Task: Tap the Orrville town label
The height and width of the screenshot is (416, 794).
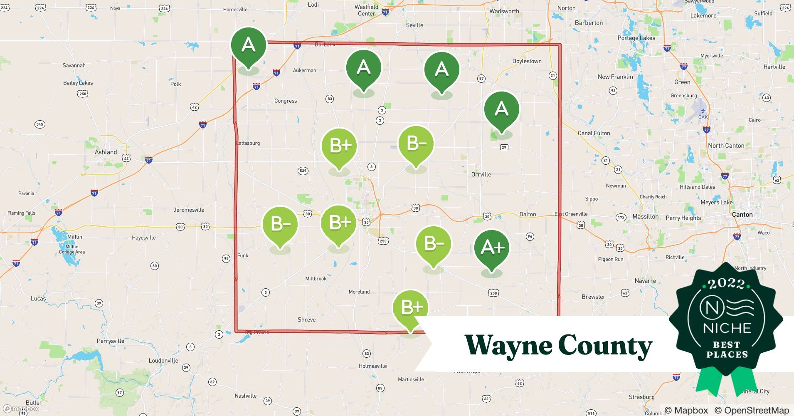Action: point(481,174)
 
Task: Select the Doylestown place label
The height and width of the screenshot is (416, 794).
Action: point(527,61)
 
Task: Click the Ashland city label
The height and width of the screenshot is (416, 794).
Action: point(106,152)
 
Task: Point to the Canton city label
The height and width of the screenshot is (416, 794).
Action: point(742,215)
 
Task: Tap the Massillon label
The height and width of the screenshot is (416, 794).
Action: point(645,217)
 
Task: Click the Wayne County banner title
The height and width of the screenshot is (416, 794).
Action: point(558,345)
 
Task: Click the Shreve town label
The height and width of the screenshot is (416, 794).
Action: point(306,319)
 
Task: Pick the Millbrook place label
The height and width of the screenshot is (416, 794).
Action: point(316,279)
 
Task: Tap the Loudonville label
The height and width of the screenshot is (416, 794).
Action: point(163,361)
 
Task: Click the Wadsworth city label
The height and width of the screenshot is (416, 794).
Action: point(504,11)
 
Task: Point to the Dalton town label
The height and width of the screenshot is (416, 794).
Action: point(528,214)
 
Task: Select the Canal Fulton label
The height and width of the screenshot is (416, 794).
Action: point(594,133)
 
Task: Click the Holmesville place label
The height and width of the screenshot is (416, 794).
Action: point(372,366)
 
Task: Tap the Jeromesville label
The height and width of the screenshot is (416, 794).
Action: point(189,210)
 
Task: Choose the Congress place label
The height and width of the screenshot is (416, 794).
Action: point(286,101)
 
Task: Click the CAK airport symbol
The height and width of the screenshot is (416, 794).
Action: point(703,111)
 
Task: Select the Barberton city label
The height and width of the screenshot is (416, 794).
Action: point(589,23)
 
